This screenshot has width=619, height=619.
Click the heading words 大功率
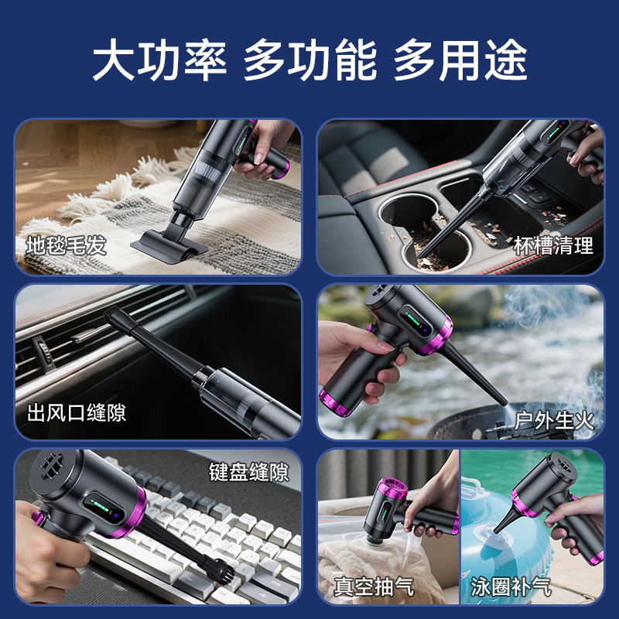(x=160, y=60)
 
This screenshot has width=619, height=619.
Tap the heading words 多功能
(x=310, y=60)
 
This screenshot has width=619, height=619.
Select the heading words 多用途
(x=460, y=60)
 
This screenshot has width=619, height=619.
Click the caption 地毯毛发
(x=67, y=245)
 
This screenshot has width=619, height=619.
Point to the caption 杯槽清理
(x=553, y=245)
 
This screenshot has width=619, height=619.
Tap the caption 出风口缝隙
(x=77, y=413)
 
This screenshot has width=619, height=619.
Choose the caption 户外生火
(x=554, y=421)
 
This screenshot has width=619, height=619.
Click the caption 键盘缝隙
(x=249, y=472)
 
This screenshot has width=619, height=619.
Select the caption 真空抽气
(x=374, y=587)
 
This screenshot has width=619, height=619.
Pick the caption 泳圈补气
(x=511, y=587)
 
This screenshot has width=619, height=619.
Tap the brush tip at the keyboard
(x=221, y=569)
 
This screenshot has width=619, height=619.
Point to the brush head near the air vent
(x=114, y=315)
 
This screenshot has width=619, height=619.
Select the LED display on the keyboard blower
(x=104, y=509)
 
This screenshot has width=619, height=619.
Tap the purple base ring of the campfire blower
(x=336, y=403)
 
